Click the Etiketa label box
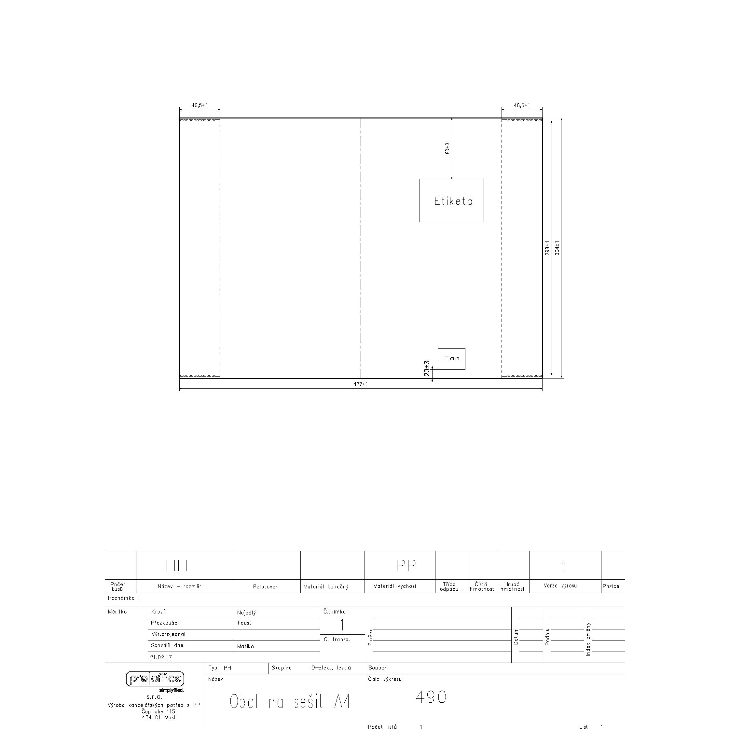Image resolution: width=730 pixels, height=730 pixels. [451, 200]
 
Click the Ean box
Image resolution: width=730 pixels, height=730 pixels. [451, 359]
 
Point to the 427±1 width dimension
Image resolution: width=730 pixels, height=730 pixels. [361, 384]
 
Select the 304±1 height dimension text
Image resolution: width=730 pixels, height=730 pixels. [557, 248]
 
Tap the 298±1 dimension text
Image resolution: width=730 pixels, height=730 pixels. [547, 248]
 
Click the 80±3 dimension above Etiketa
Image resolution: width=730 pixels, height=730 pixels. [448, 148]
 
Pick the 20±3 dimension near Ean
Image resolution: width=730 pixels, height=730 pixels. [427, 368]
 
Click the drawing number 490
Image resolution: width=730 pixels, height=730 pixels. [431, 697]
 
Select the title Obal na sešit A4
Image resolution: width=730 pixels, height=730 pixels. [291, 702]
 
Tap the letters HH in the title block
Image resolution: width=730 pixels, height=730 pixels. [176, 566]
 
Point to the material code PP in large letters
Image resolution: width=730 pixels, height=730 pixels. [406, 565]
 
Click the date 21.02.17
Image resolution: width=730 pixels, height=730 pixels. [161, 657]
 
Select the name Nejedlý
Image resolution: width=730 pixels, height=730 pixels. [246, 613]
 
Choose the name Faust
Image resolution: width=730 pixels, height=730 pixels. [244, 623]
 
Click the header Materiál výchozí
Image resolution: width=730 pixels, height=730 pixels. [395, 586]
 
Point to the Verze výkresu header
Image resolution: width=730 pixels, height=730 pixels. [560, 586]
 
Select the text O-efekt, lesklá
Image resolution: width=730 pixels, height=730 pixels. [331, 668]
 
